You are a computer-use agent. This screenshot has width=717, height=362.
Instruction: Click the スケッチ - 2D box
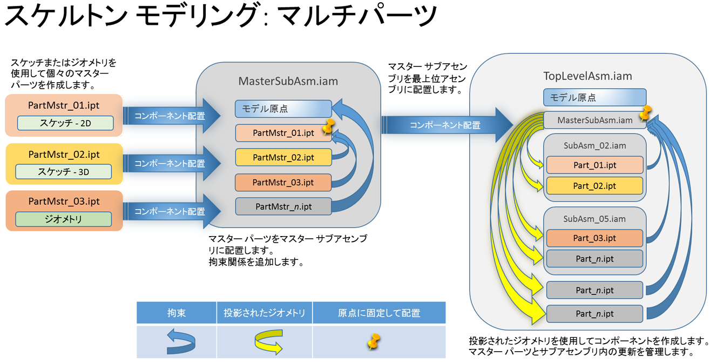pos(65,123)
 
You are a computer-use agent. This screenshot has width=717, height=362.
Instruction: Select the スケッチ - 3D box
pos(64,172)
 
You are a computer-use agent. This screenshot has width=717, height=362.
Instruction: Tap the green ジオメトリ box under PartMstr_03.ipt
pos(64,219)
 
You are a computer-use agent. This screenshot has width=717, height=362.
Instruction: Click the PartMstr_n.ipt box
pos(283,206)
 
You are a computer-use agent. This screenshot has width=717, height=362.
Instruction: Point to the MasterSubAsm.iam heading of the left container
pos(288,82)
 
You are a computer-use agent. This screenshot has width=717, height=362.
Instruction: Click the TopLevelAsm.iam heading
pos(587,76)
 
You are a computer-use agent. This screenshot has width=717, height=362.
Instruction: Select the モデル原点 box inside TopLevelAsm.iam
pos(594,98)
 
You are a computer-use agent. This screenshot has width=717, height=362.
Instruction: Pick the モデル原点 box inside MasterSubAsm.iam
pos(283,109)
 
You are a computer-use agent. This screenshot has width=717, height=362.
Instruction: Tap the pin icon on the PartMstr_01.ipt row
pos(328,128)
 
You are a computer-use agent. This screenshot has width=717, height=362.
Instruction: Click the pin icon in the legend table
pos(374,341)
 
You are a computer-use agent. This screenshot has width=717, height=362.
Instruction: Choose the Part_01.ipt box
pos(594,165)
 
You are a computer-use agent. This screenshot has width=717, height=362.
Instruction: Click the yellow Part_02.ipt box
pos(594,186)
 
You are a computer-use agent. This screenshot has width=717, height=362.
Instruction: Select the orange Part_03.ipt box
pos(594,238)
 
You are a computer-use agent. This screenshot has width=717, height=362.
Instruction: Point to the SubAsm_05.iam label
pos(594,219)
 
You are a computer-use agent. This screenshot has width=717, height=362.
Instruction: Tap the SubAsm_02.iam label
pos(594,146)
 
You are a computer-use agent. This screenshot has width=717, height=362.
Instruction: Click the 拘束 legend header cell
pos(177,313)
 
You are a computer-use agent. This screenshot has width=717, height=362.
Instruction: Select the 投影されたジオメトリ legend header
pos(265,313)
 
